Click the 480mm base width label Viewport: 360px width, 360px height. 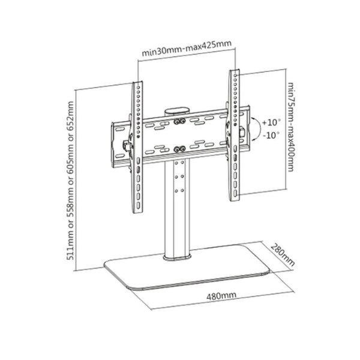coord(221,296)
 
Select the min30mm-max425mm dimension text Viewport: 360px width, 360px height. coord(187,49)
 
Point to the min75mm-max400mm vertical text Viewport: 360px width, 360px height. coord(291,127)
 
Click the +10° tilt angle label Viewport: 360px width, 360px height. coord(271,122)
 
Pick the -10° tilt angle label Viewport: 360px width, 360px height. coord(271,135)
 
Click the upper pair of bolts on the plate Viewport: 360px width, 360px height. coord(179,121)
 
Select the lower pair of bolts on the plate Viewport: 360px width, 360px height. coord(179,149)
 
